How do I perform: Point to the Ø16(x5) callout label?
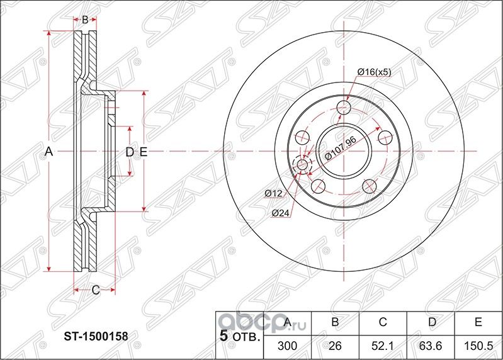point(374,72)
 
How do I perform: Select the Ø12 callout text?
point(273,193)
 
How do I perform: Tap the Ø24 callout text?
point(280,213)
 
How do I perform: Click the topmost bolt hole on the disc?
point(343,107)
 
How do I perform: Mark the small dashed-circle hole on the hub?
point(302,165)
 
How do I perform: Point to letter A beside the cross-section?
point(48,151)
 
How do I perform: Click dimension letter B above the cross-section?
point(85,20)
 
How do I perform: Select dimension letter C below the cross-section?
point(96,290)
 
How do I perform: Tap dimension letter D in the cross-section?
point(128,151)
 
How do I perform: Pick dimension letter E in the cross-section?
point(143,151)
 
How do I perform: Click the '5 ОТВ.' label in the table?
point(239,336)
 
